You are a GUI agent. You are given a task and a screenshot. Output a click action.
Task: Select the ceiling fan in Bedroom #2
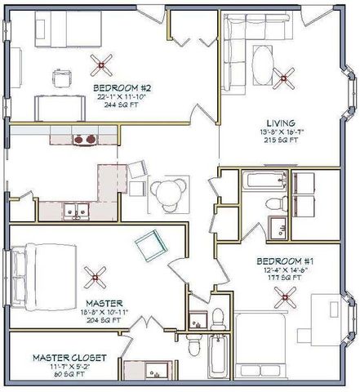point(104,63)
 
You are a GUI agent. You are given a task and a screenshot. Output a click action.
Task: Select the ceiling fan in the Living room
point(287,78)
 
